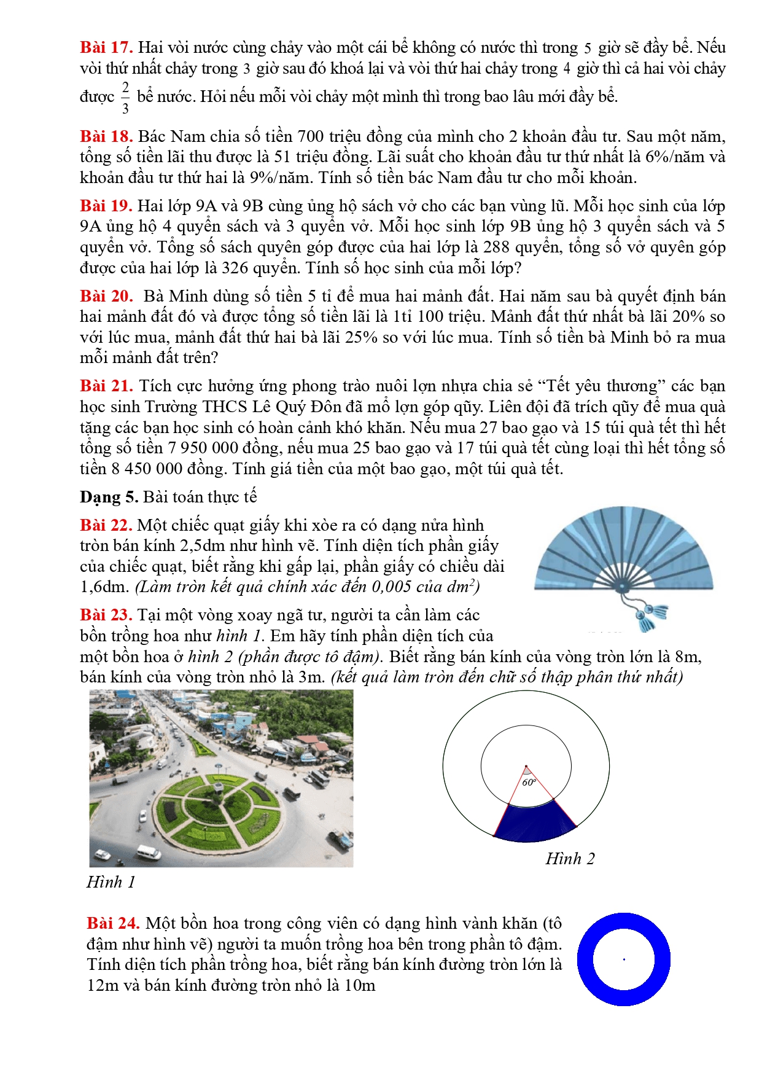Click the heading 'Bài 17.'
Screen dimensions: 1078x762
pos(106,48)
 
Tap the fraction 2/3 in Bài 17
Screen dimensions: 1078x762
pos(125,98)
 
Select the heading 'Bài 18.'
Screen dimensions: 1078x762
pos(106,136)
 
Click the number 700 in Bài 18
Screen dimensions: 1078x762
pos(311,136)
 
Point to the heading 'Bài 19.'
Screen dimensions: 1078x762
pos(106,206)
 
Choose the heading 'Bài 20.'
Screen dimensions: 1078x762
pos(106,296)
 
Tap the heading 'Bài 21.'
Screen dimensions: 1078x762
pos(106,386)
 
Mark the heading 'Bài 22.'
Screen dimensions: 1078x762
pos(106,525)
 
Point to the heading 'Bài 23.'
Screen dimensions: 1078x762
pos(106,615)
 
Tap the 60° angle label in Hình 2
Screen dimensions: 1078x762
pos(529,783)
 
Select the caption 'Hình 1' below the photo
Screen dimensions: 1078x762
pos(111,882)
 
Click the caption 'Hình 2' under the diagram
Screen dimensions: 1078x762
pos(570,859)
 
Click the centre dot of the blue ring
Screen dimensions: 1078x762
pos(624,959)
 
